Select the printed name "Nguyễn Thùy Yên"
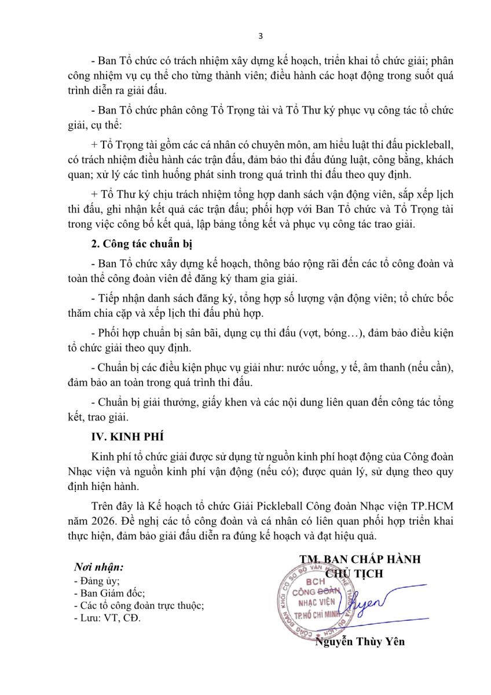(360, 642)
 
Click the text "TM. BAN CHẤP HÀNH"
(360, 559)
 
